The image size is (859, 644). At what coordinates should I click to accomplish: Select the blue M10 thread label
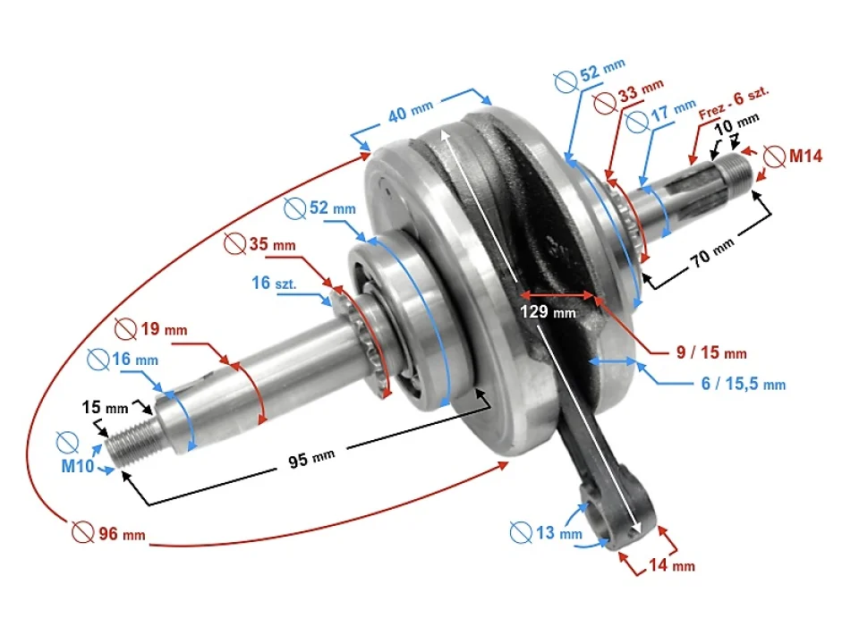pyautogui.click(x=77, y=466)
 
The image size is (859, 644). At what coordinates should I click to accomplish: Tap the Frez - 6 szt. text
pyautogui.click(x=736, y=101)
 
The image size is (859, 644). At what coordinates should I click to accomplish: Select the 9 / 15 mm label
pyautogui.click(x=710, y=352)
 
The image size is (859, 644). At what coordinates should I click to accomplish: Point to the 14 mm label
pyautogui.click(x=670, y=564)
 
